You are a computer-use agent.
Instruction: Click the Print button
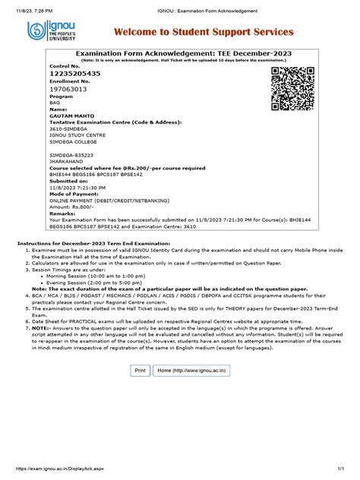click(140, 370)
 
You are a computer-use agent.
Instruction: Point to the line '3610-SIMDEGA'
click(71, 129)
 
